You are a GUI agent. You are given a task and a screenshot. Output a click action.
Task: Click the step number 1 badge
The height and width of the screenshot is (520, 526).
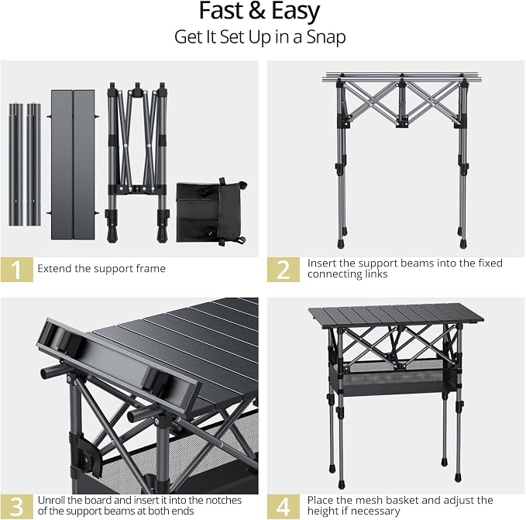point(17,270)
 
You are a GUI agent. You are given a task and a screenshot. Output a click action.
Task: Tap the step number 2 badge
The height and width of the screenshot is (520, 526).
point(284,270)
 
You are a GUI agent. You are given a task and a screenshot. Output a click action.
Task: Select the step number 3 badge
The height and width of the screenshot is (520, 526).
point(17,507)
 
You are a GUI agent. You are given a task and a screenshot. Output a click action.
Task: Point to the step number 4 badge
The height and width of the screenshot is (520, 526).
point(284,507)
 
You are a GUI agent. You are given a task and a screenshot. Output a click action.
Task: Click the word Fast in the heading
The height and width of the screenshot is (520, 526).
point(221,11)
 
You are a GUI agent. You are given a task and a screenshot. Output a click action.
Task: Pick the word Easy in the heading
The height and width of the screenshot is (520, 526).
point(295,12)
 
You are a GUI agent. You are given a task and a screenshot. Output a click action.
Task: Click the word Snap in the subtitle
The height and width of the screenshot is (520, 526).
point(325,37)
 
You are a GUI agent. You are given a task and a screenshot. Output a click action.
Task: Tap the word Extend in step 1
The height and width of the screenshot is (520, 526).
point(54,268)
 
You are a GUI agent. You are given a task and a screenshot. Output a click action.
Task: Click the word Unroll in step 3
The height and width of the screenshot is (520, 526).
point(51,500)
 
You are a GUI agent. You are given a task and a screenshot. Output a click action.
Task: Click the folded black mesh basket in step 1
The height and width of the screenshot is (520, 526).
point(211,212)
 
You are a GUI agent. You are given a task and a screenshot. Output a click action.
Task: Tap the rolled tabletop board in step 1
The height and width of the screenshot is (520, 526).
point(73,164)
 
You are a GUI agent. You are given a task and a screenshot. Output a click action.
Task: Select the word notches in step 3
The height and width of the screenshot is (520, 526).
point(223,500)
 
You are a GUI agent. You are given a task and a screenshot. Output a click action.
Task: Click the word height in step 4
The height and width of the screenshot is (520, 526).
point(322,511)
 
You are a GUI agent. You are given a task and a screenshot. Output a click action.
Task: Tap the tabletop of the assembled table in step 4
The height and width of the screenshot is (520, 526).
point(396,315)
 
